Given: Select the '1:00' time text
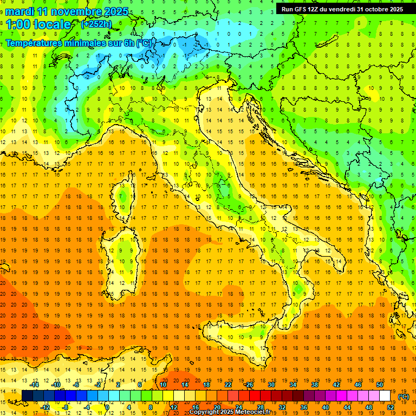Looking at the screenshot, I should coord(18,24).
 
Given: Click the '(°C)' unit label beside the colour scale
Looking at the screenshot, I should coord(403,396).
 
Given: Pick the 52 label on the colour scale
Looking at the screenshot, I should coord(391,407).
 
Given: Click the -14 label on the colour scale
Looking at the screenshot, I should coord(35,385).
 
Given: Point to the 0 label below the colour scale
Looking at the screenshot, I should coord(107,407).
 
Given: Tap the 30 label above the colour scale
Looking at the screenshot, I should coord(271,385).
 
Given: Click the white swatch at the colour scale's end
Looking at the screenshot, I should coord(385,396).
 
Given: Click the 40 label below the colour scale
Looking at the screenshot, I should coord(325,407).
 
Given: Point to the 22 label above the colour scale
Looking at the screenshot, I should coord(227,385).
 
